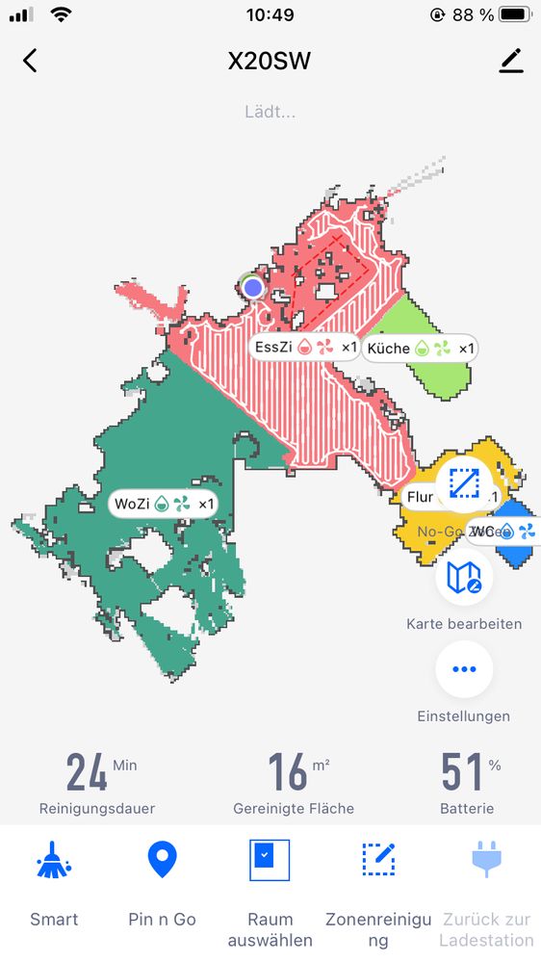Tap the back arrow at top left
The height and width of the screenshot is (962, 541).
coord(30,61)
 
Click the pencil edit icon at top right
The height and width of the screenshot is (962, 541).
coord(511,61)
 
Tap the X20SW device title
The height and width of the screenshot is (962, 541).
coord(270,62)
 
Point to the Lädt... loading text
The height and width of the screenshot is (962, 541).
coord(270,112)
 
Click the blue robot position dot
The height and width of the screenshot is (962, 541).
coord(253,287)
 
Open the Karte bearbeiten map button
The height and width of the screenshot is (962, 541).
coord(464,577)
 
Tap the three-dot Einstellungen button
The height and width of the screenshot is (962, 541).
coord(464,669)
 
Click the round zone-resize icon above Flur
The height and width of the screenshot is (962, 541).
coord(464,481)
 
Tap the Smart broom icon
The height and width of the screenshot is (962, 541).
coord(54,860)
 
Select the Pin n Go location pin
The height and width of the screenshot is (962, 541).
coord(162,859)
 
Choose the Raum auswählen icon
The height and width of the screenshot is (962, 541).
coord(270,859)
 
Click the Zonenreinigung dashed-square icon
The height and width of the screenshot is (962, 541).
coord(378,859)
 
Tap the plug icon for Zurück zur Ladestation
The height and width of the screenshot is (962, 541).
coord(487,859)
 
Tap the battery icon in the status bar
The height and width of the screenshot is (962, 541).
coord(515,15)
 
